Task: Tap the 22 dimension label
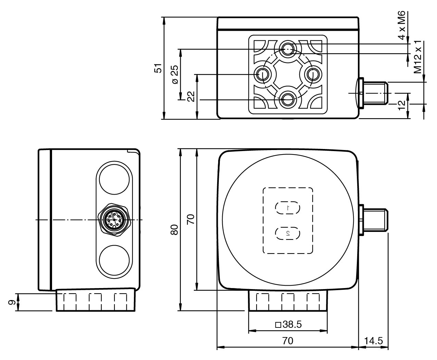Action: [191, 97]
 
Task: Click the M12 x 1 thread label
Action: [418, 57]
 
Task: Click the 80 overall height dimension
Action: [174, 230]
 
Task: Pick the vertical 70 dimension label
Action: [191, 219]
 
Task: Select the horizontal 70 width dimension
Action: [288, 341]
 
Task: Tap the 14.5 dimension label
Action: [373, 341]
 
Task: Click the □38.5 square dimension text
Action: [288, 324]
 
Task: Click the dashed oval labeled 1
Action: [288, 208]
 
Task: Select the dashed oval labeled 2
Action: [288, 233]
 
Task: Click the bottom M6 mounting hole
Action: [287, 100]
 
